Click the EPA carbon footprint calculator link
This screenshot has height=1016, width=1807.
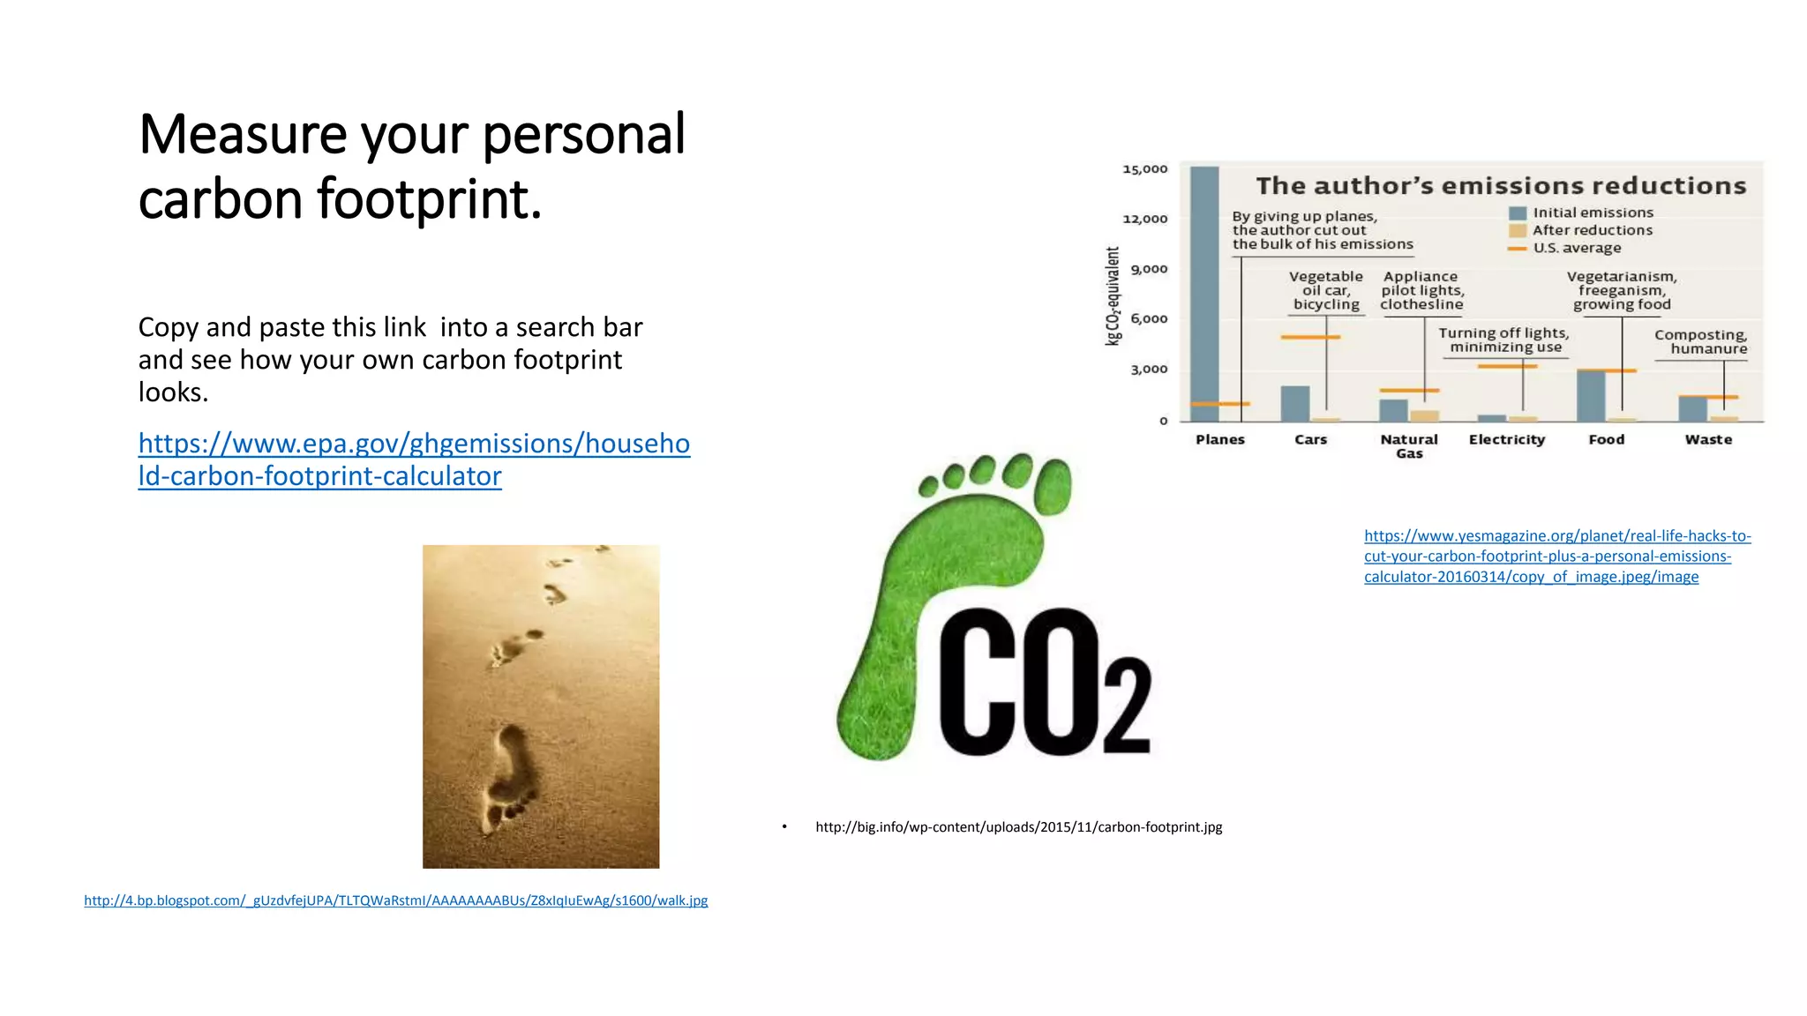(x=413, y=459)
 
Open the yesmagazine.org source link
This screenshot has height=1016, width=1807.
(x=1556, y=557)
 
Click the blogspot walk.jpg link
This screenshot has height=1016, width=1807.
(x=395, y=900)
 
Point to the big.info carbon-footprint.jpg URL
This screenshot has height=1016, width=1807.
(x=1018, y=827)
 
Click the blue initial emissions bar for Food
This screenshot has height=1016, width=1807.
(x=1591, y=396)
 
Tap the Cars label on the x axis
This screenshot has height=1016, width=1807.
(x=1310, y=439)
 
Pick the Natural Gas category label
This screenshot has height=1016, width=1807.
(x=1409, y=446)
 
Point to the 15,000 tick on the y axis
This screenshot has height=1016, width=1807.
(x=1144, y=168)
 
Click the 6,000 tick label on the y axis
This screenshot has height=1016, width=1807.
(x=1149, y=319)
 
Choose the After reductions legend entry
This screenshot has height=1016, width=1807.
(x=1592, y=230)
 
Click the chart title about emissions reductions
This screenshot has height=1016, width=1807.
(x=1500, y=186)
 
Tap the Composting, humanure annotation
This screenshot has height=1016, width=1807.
(x=1700, y=341)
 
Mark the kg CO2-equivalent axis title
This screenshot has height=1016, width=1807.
(x=1113, y=295)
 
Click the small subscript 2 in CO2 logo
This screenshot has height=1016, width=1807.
(x=1127, y=706)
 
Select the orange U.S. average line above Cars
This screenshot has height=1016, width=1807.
(x=1310, y=337)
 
